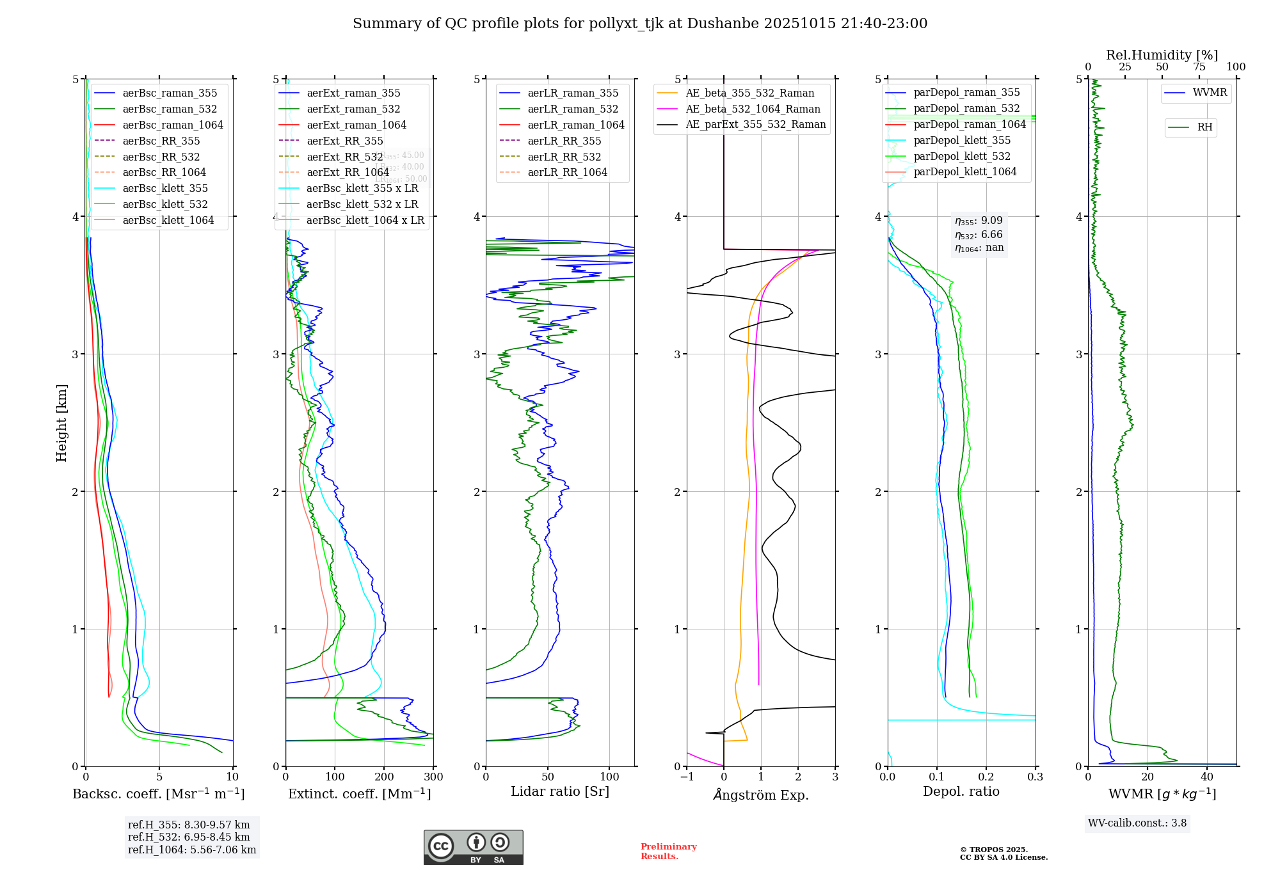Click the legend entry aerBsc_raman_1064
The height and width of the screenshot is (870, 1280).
[x=173, y=125]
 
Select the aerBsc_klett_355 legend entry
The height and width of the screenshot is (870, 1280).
[x=165, y=188]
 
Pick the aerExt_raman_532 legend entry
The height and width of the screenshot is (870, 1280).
[x=353, y=109]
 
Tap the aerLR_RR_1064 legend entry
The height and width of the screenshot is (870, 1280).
[x=567, y=172]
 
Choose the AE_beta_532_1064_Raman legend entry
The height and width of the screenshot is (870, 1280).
[x=753, y=109]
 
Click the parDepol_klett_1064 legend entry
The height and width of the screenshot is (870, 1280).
[x=964, y=171]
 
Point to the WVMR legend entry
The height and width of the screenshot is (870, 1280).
[x=1210, y=93]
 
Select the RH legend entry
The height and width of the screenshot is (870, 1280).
[x=1204, y=127]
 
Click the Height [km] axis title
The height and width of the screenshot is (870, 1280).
[x=61, y=423]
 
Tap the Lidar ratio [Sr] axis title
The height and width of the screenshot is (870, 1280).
[x=560, y=791]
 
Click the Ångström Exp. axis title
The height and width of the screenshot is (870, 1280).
[x=761, y=795]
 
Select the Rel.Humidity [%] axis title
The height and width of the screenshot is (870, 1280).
[x=1162, y=55]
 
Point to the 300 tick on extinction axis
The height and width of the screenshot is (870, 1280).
[x=433, y=777]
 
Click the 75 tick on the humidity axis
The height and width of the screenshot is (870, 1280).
[x=1199, y=67]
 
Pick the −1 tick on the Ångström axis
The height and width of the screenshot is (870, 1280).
[x=687, y=777]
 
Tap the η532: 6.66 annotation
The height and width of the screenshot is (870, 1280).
[x=979, y=235]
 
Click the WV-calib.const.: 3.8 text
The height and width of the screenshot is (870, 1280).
[x=1137, y=823]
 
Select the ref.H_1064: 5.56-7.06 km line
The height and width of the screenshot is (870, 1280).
[x=192, y=850]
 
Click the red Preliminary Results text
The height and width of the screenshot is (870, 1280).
[x=668, y=851]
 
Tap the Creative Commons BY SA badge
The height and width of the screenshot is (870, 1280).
[x=473, y=848]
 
